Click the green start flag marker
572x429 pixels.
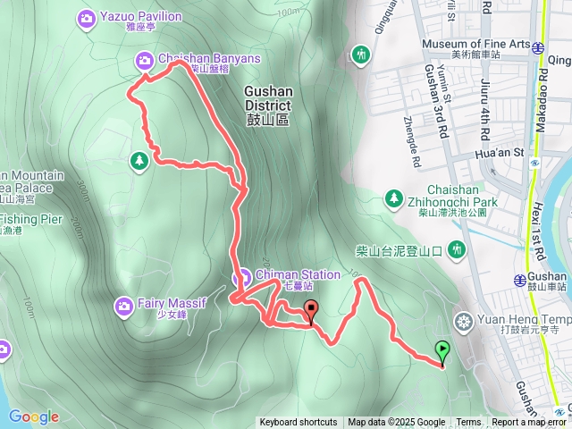point(442,350)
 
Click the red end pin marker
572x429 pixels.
point(311,312)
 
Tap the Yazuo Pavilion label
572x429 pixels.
point(142,16)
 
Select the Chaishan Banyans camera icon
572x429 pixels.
point(144,60)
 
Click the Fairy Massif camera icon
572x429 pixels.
point(124,307)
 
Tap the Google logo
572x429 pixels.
point(34,416)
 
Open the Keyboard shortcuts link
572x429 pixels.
point(299,423)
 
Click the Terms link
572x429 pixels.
point(468,423)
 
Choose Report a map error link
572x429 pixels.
point(529,423)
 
